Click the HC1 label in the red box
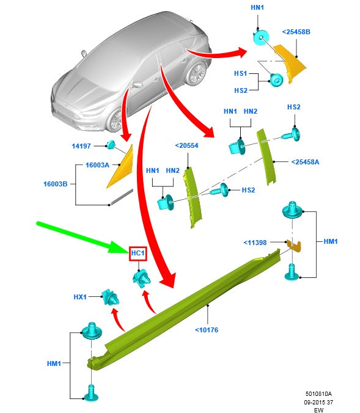click(138, 254)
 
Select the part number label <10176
click(207, 330)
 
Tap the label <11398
click(255, 243)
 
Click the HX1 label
click(80, 297)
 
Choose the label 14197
click(81, 146)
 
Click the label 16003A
click(97, 165)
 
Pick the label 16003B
click(56, 184)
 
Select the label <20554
click(186, 145)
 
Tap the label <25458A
click(305, 162)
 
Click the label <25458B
click(296, 32)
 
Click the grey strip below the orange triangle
click(122, 197)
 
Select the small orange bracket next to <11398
click(293, 246)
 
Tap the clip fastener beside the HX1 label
click(111, 298)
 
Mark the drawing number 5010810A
click(318, 394)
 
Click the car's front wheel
click(115, 121)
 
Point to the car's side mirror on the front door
click(138, 85)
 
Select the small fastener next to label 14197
click(111, 145)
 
